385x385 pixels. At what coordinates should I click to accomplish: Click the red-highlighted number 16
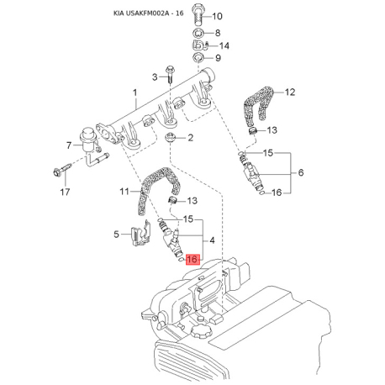point(192,261)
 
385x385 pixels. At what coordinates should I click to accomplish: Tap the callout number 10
point(217,16)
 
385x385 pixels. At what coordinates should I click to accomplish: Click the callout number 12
point(291,92)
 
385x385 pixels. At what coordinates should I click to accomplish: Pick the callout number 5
point(117,236)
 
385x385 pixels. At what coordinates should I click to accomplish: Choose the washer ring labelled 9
point(198,58)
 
